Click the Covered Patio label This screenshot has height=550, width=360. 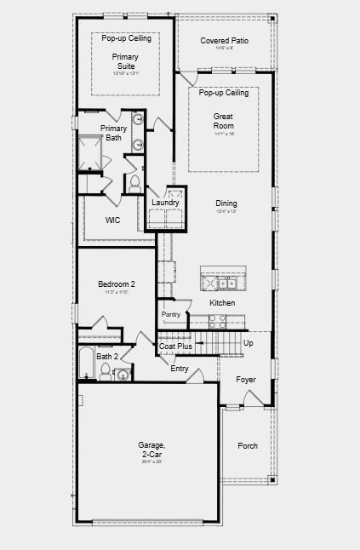[224, 40]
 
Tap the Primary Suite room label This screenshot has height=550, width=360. [125, 61]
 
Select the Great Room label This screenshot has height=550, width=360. [223, 120]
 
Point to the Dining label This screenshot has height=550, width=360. [226, 203]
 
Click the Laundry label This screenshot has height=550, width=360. [165, 203]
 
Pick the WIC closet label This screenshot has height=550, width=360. [112, 221]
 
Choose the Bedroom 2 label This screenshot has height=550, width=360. [117, 284]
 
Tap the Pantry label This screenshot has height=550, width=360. [171, 314]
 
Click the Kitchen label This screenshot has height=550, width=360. [222, 303]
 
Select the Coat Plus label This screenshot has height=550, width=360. [175, 347]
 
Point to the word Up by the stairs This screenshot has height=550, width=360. [248, 343]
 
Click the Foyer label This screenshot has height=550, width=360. [246, 380]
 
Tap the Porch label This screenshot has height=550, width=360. [248, 445]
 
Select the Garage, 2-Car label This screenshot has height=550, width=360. [152, 450]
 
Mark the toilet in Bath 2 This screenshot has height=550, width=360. [106, 370]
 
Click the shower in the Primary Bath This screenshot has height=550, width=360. [90, 152]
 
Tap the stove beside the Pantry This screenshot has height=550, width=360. [218, 322]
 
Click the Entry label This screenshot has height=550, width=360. [180, 369]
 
